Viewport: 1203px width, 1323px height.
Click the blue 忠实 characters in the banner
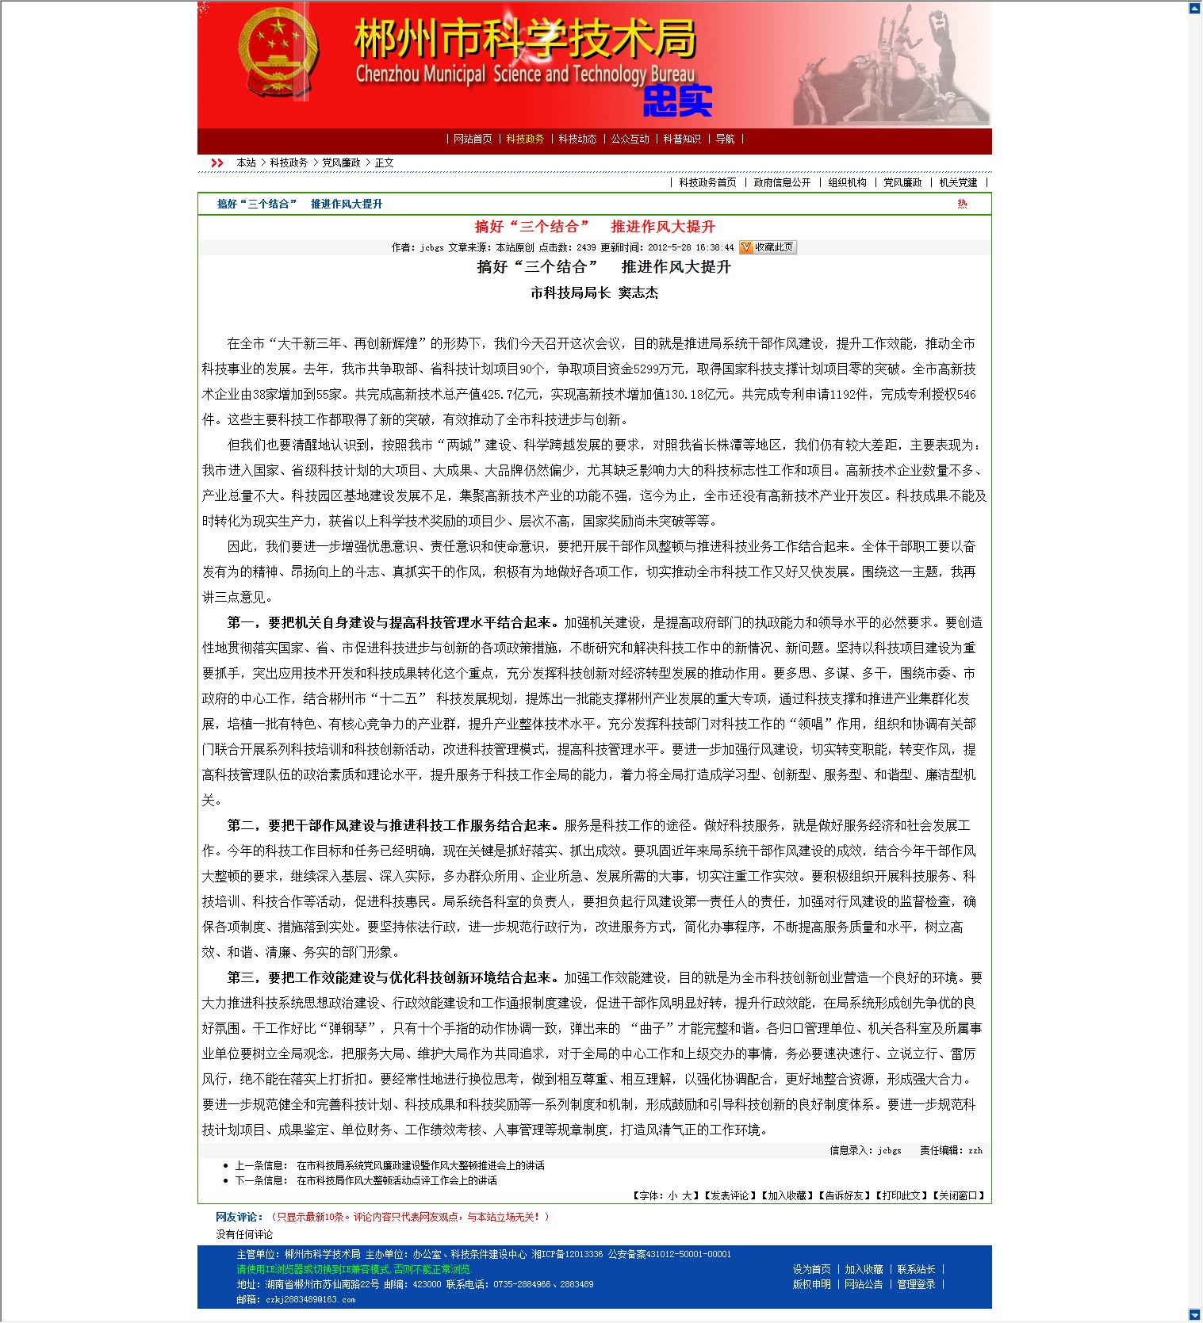[677, 101]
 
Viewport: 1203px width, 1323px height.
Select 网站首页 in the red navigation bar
[473, 140]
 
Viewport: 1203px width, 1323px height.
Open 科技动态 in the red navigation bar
[577, 140]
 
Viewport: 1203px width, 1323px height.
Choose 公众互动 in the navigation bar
[630, 140]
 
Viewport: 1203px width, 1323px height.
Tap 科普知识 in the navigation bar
[682, 140]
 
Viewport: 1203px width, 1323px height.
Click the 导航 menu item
[725, 140]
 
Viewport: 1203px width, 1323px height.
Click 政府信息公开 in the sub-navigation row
[782, 183]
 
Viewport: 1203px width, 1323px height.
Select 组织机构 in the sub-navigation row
[847, 183]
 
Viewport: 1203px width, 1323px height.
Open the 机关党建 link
[958, 183]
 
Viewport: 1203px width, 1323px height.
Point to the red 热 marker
[962, 205]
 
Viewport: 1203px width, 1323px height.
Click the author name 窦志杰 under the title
[638, 293]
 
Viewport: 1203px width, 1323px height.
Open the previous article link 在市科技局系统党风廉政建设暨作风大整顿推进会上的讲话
[420, 1165]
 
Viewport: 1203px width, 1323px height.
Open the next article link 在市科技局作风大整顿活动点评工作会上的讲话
[397, 1180]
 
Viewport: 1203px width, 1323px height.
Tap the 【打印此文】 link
[902, 1195]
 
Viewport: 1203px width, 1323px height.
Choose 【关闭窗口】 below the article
[959, 1195]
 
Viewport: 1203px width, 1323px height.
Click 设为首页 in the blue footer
[811, 1269]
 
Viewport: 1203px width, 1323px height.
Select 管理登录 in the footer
[916, 1284]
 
